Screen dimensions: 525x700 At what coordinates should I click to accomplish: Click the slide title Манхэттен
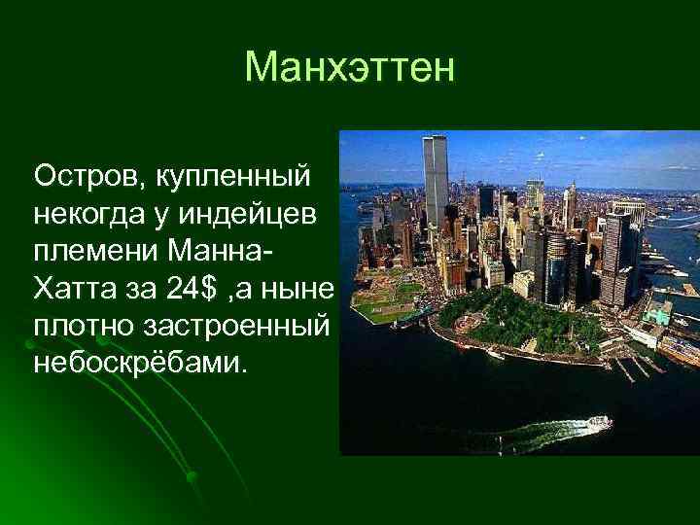(349, 67)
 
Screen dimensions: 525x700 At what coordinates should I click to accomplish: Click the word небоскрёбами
(140, 362)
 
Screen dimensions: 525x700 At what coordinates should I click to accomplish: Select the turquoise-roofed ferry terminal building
(658, 314)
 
